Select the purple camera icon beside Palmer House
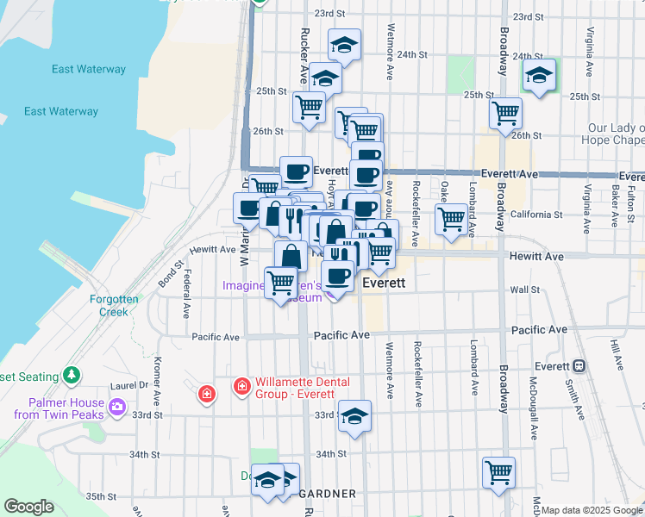(x=117, y=402)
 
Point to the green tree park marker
(x=72, y=376)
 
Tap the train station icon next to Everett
(x=579, y=365)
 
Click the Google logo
(x=28, y=507)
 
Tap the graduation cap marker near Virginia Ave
(x=539, y=76)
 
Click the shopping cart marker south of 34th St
(x=498, y=473)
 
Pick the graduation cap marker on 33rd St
(x=354, y=416)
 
